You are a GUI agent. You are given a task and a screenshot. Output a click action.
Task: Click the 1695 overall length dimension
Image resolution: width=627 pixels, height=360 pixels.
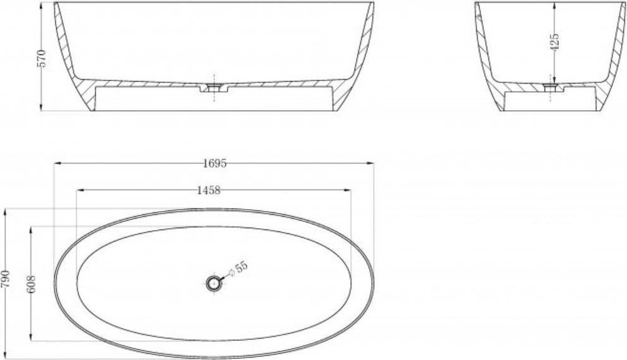point(215,163)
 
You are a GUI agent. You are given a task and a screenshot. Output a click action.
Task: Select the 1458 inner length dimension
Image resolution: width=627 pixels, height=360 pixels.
point(209,190)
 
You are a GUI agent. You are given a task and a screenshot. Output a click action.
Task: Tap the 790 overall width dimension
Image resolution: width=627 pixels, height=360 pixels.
point(5,280)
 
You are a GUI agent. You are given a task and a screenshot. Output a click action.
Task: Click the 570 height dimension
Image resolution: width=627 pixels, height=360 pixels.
point(42,58)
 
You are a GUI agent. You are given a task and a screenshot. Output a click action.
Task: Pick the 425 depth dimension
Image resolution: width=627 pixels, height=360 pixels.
point(554,42)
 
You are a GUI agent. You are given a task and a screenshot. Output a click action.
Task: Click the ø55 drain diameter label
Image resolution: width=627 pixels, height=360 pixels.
point(238,268)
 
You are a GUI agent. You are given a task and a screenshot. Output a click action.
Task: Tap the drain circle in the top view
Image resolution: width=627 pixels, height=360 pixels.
point(214,283)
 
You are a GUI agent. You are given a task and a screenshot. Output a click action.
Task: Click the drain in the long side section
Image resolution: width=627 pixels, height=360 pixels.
point(214,87)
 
